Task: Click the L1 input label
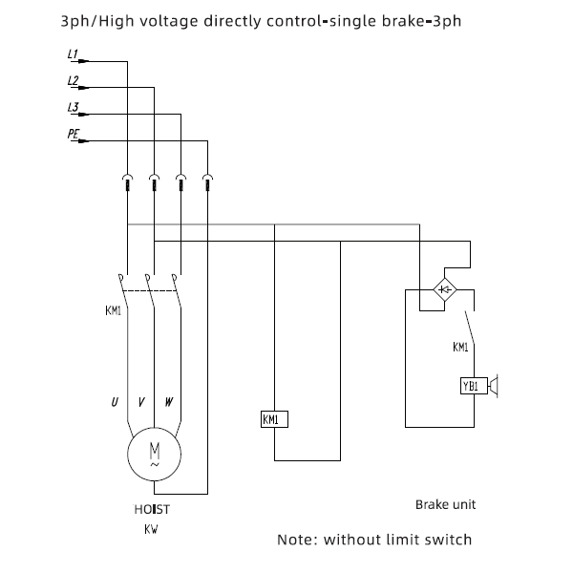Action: [73, 54]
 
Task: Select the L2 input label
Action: [74, 81]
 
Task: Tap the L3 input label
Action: [74, 107]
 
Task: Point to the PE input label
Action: [74, 134]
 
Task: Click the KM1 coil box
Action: [274, 419]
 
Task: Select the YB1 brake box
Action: [474, 386]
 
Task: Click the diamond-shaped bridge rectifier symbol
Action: [445, 289]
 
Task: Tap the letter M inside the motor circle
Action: [155, 451]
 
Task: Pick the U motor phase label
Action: [115, 402]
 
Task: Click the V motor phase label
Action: [141, 402]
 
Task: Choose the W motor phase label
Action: [168, 402]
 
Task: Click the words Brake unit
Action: [445, 504]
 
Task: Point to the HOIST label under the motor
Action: [152, 509]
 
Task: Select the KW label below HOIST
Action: [151, 529]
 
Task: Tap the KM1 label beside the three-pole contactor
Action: [113, 310]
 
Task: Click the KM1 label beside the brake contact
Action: [460, 348]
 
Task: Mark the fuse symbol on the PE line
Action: [207, 182]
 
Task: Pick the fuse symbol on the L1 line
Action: [127, 182]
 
